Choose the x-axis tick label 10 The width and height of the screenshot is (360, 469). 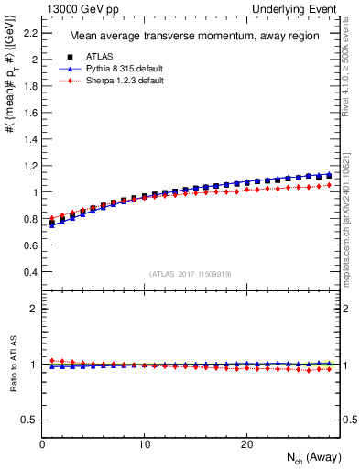tap(144, 443)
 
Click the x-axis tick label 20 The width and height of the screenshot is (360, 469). tap(246, 443)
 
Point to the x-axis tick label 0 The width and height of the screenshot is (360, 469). tap(42, 443)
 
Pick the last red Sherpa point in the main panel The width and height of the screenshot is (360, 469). tap(330, 185)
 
